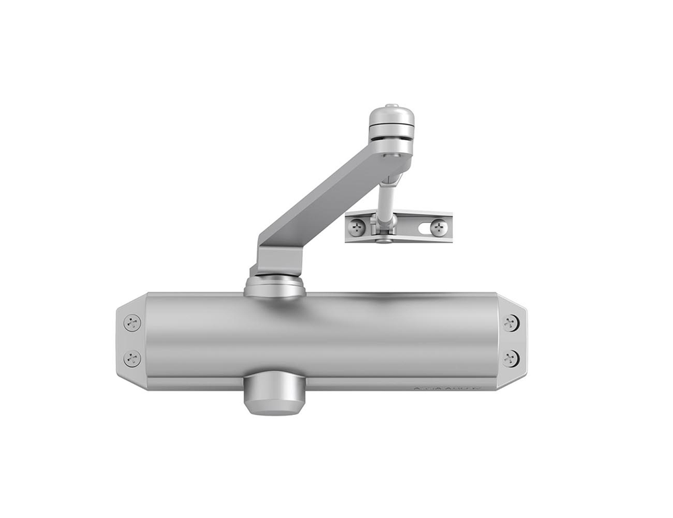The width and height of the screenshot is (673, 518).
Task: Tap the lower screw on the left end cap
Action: point(133,358)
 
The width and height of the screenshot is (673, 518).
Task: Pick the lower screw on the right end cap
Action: point(511,358)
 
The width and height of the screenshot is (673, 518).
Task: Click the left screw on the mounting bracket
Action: point(358,228)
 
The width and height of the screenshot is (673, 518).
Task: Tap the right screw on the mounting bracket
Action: point(438,228)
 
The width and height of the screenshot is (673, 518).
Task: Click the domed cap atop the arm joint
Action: point(391,121)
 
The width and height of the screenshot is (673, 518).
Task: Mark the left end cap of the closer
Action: point(131,340)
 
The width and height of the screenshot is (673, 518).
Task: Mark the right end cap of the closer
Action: point(512,340)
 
